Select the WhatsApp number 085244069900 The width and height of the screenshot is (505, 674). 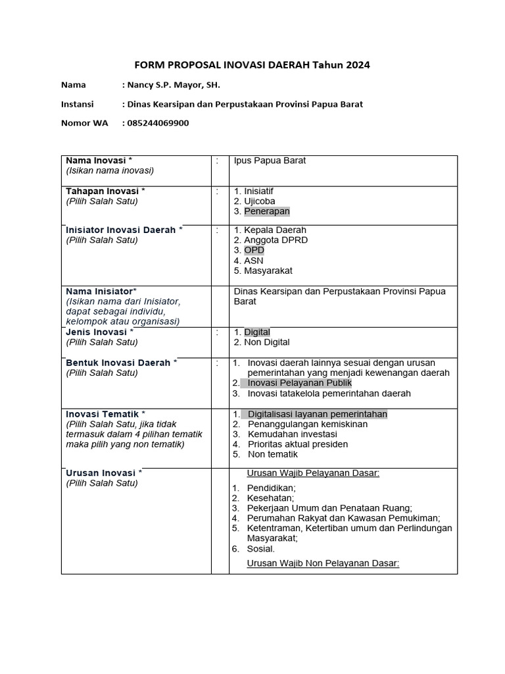(x=158, y=122)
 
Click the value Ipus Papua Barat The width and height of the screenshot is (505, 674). (x=270, y=161)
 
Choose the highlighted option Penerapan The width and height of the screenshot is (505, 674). (x=266, y=211)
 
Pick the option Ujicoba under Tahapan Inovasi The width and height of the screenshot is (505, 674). (x=260, y=201)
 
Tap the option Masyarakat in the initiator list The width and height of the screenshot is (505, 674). (x=268, y=271)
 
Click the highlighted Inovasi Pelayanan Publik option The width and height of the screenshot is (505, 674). (x=299, y=383)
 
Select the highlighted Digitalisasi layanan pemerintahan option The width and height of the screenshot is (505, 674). (x=317, y=414)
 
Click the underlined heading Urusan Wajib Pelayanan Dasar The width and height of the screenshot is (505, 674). (x=313, y=473)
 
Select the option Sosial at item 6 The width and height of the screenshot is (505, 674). (x=261, y=549)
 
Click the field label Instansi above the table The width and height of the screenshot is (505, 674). (x=78, y=104)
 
